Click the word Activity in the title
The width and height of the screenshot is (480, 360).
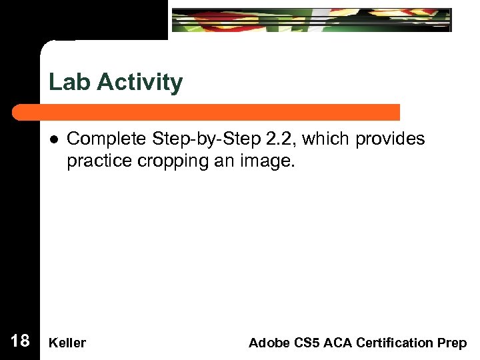(139, 83)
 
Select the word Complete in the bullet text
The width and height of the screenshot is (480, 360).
(107, 139)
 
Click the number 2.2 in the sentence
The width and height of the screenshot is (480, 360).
(273, 139)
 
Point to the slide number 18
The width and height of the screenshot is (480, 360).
(20, 341)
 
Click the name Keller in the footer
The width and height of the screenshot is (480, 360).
(67, 343)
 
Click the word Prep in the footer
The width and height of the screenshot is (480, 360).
(453, 343)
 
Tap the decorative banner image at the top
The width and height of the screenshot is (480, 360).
(311, 20)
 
